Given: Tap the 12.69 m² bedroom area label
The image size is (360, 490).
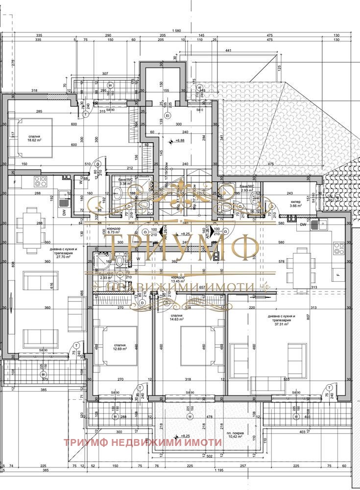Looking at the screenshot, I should [120, 347].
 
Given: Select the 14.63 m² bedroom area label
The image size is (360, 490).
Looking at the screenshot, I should [177, 318].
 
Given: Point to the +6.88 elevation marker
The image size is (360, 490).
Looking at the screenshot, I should [178, 141].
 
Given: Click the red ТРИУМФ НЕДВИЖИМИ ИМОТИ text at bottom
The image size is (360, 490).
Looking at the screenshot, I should [143, 442].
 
